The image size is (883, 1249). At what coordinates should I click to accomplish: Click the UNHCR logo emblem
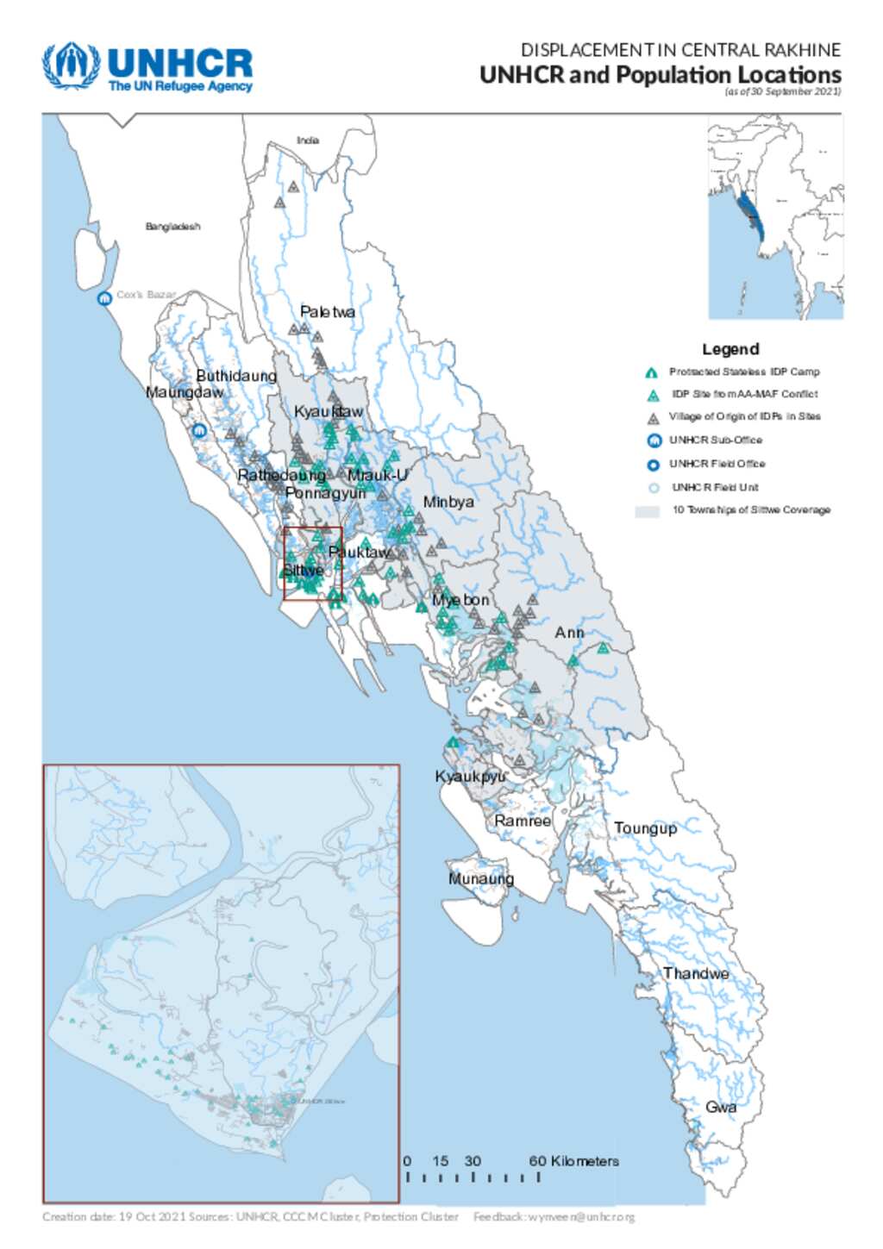click(72, 66)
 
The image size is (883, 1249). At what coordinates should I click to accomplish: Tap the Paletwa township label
click(327, 312)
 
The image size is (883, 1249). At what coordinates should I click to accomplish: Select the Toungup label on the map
click(645, 828)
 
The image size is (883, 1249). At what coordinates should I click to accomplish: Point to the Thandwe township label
click(696, 973)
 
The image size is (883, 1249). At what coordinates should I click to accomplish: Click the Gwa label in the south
click(721, 1107)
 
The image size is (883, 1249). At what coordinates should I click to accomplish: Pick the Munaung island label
click(481, 878)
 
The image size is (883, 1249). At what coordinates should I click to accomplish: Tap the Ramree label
click(523, 821)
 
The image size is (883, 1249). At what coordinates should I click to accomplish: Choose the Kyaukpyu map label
click(470, 777)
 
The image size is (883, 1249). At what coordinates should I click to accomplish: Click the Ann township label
click(569, 633)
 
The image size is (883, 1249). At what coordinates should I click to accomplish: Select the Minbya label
click(448, 502)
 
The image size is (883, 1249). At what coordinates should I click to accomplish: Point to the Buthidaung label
click(236, 376)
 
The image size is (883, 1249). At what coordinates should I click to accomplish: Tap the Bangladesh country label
click(172, 227)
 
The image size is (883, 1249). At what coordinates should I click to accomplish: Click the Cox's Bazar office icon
click(104, 298)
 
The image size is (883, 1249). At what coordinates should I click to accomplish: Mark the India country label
click(308, 141)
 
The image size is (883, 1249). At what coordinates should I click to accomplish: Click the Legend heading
click(730, 349)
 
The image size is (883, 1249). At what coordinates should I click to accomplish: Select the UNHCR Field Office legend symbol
click(654, 465)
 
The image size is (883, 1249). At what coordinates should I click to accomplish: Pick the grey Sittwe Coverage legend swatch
click(647, 511)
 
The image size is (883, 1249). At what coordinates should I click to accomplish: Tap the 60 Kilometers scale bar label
click(573, 1161)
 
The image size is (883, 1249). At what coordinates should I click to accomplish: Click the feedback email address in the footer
click(581, 1217)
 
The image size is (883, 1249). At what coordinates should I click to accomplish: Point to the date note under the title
click(782, 91)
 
